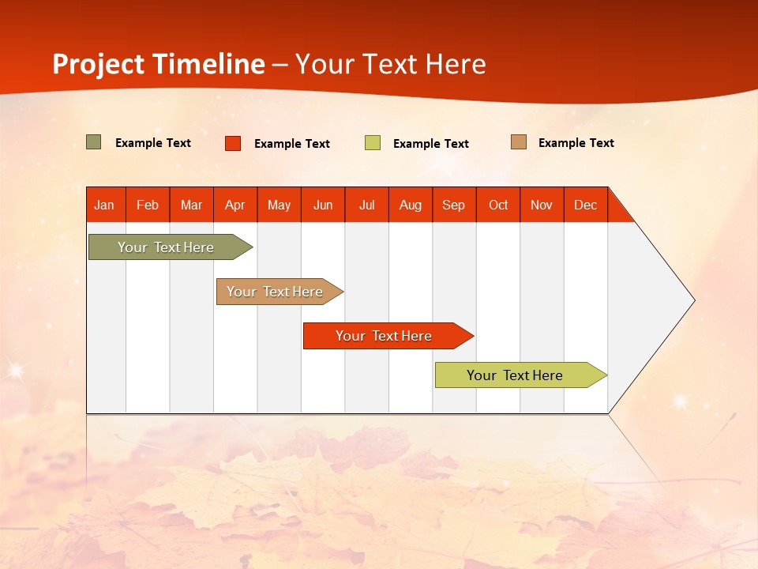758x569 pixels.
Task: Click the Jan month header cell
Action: pyautogui.click(x=105, y=205)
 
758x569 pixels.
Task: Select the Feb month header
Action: pyautogui.click(x=148, y=205)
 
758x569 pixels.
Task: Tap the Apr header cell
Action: pyautogui.click(x=235, y=205)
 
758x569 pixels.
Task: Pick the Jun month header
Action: pyautogui.click(x=323, y=205)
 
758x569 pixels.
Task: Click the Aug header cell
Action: pyautogui.click(x=411, y=205)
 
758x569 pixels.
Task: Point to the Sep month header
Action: pyautogui.click(x=454, y=205)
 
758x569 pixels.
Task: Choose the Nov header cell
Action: pyautogui.click(x=542, y=205)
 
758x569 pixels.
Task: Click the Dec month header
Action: pyautogui.click(x=586, y=205)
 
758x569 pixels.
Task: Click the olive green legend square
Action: pyautogui.click(x=94, y=142)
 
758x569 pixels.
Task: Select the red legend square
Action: pyautogui.click(x=233, y=143)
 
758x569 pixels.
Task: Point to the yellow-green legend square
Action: pyautogui.click(x=373, y=143)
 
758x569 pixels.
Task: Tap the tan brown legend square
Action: pyautogui.click(x=519, y=142)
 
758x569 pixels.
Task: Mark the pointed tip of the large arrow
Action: pyautogui.click(x=693, y=300)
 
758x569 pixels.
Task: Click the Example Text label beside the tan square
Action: pyautogui.click(x=576, y=143)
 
